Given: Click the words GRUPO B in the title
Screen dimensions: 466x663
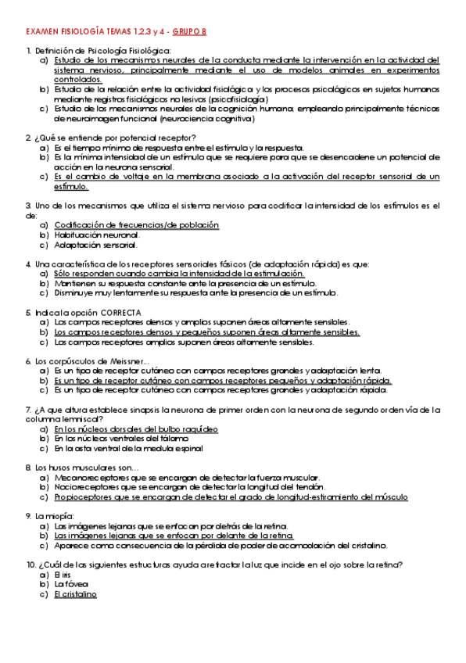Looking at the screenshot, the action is click(202, 31).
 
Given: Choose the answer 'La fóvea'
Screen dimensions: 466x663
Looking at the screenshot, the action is click(71, 584).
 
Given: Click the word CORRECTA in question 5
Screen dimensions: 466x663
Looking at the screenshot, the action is click(120, 312).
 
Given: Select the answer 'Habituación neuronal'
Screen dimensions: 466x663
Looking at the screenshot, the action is click(97, 235).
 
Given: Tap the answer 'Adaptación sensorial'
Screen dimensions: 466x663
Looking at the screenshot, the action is click(95, 244).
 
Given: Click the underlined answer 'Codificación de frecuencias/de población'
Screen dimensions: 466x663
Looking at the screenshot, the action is click(136, 225).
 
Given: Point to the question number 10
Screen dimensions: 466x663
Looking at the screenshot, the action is click(30, 564).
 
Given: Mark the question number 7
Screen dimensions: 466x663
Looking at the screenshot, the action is click(28, 410).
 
